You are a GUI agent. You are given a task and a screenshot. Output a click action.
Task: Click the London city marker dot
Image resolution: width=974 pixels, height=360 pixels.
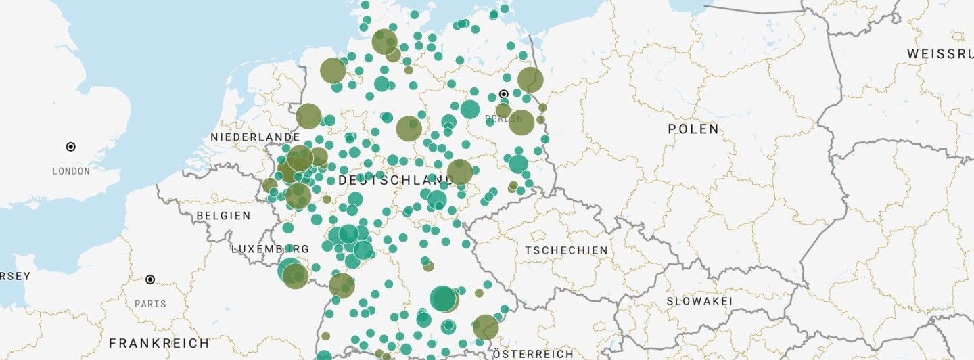[70, 147]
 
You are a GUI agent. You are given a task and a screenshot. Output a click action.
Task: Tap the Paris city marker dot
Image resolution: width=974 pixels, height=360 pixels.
[150, 279]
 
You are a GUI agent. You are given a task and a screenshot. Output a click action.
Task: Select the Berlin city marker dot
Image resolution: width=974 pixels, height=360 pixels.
[503, 94]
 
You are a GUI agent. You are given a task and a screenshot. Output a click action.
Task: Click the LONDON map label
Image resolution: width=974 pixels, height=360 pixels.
[71, 171]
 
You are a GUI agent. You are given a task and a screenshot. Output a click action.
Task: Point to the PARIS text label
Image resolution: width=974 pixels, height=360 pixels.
[150, 304]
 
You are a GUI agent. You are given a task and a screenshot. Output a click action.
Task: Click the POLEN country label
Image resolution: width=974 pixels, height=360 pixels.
[693, 129]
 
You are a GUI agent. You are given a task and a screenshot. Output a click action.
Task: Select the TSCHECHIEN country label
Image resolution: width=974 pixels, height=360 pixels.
[567, 250]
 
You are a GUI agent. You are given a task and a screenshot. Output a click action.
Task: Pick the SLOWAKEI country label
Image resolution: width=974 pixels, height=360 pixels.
[699, 301]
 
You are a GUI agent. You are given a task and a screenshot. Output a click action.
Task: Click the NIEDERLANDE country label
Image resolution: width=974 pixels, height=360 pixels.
[255, 137]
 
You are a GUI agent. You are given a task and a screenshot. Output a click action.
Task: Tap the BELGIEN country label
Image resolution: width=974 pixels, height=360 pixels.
[223, 216]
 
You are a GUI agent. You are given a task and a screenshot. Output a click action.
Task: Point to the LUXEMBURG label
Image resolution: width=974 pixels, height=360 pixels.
[270, 249]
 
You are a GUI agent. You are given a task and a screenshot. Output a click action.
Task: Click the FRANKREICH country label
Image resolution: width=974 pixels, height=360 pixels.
[159, 343]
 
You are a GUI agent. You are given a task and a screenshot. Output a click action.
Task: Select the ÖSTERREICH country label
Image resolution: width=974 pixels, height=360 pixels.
[533, 354]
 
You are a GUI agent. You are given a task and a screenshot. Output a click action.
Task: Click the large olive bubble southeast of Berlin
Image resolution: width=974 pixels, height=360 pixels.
[521, 122]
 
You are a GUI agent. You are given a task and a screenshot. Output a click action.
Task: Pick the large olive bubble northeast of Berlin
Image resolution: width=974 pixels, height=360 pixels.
[530, 80]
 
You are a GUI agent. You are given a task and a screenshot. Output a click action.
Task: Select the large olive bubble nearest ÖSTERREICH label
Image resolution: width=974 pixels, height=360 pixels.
[486, 328]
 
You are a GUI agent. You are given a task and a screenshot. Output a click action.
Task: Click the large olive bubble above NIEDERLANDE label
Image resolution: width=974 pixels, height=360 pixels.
[308, 116]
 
